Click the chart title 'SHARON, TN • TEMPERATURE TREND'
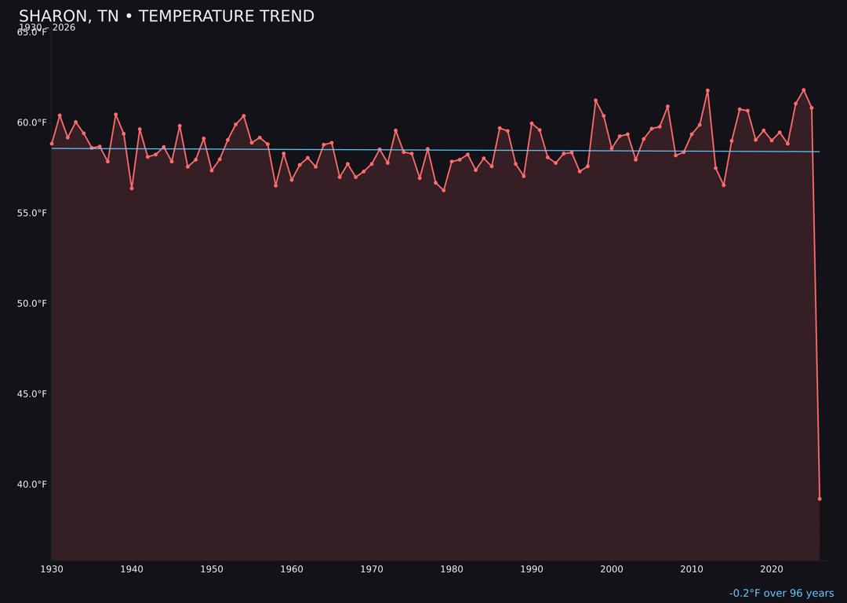(166, 16)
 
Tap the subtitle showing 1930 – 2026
(47, 27)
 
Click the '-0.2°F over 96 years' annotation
(781, 594)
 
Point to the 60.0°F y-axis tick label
(32, 122)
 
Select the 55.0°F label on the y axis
(32, 213)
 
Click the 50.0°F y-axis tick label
(32, 304)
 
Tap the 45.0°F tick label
(32, 394)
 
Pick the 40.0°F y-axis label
(32, 484)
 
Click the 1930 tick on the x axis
(52, 569)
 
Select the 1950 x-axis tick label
(212, 569)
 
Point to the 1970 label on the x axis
(372, 569)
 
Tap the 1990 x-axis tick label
(532, 569)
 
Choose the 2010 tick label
(692, 569)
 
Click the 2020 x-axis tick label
(772, 569)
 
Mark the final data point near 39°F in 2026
(820, 499)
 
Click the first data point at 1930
(52, 144)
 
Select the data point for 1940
(132, 188)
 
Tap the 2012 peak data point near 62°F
(707, 90)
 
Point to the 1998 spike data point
(595, 100)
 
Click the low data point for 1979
(444, 190)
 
